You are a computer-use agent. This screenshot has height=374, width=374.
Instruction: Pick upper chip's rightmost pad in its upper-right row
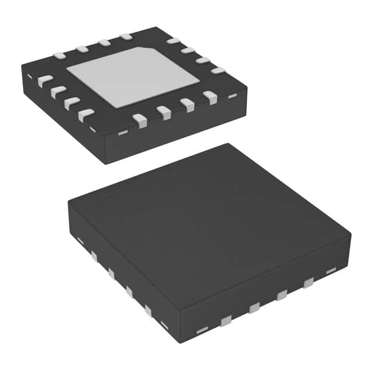pyautogui.click(x=218, y=71)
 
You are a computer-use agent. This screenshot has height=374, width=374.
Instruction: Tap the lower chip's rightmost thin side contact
pyautogui.click(x=331, y=271)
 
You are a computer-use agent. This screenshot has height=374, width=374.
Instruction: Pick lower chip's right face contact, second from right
pyautogui.click(x=307, y=283)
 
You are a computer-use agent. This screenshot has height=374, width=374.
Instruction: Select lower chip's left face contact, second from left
pyautogui.click(x=93, y=255)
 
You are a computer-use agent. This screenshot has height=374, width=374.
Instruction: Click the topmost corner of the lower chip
pyautogui.click(x=229, y=144)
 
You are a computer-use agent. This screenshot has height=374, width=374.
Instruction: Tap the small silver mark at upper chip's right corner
pyautogui.click(x=233, y=94)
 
